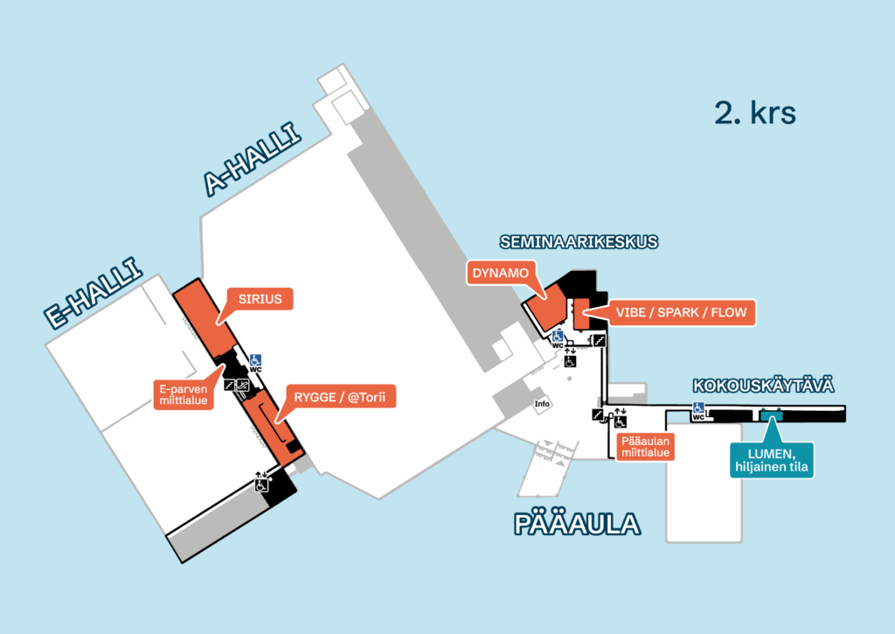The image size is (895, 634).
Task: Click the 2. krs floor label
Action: pos(755,113)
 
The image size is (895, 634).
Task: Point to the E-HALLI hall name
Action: pos(94,293)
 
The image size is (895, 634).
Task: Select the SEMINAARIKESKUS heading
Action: pos(578,241)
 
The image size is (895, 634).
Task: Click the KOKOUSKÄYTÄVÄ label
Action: pos(763,386)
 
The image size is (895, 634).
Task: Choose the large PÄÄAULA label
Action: pos(577,525)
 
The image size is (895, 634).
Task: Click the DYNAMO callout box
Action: pos(501,273)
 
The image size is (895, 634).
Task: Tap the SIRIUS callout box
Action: pos(260,299)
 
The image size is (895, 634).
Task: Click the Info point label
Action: pos(541,404)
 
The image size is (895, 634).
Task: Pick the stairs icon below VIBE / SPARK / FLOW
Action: pos(600,340)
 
